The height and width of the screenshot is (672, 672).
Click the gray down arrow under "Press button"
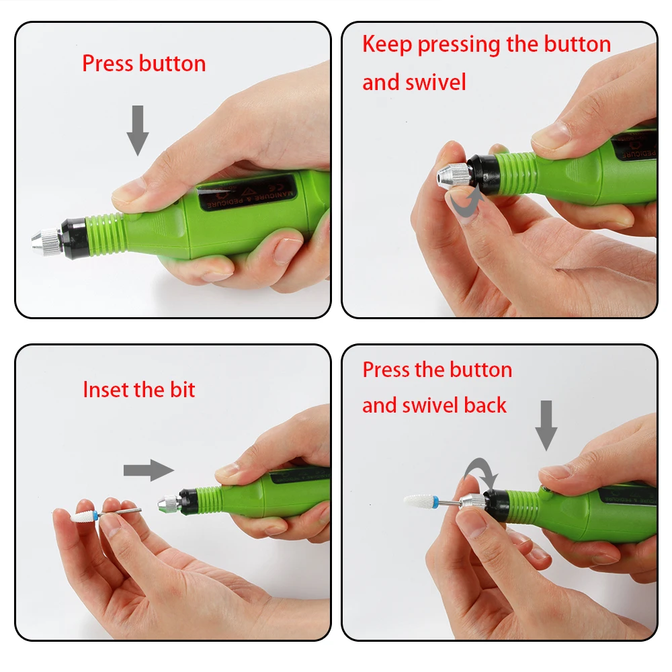[138, 130]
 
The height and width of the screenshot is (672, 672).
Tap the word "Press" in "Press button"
[108, 63]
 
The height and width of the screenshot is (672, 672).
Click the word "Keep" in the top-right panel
[387, 45]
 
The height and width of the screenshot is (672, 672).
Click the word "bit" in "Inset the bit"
[183, 390]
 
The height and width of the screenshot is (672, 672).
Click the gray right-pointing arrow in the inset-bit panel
[149, 470]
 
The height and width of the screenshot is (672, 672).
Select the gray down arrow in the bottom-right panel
[546, 425]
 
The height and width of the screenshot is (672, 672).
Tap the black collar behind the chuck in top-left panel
[73, 237]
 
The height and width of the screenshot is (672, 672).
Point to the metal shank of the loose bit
[121, 512]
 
